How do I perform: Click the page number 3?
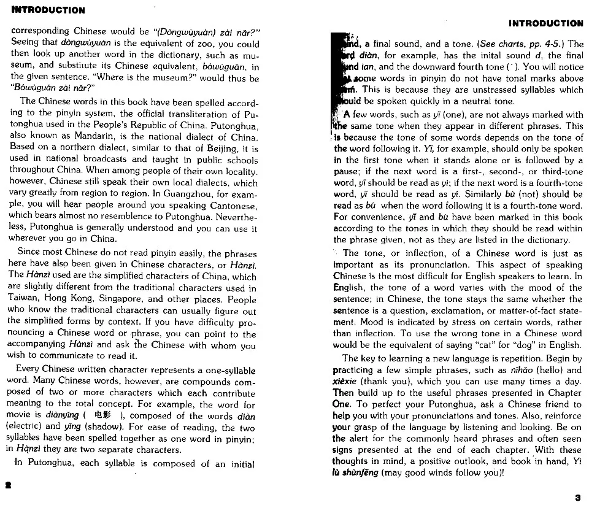[577, 497]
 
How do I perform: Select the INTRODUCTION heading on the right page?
[545, 23]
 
